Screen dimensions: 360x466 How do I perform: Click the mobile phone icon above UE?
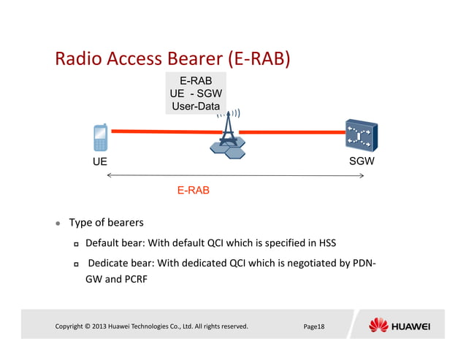100,137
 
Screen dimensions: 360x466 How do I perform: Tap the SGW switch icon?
361,136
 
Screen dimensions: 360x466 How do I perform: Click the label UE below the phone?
99,162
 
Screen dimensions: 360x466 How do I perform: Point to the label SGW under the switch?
362,161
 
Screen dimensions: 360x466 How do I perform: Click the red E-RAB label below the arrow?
193,190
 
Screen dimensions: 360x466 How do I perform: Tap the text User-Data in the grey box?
195,107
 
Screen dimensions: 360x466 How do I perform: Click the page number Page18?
314,326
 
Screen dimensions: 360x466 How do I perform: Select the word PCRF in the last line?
131,278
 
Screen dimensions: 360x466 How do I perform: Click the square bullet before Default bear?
75,243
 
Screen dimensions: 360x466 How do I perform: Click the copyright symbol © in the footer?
86,326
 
